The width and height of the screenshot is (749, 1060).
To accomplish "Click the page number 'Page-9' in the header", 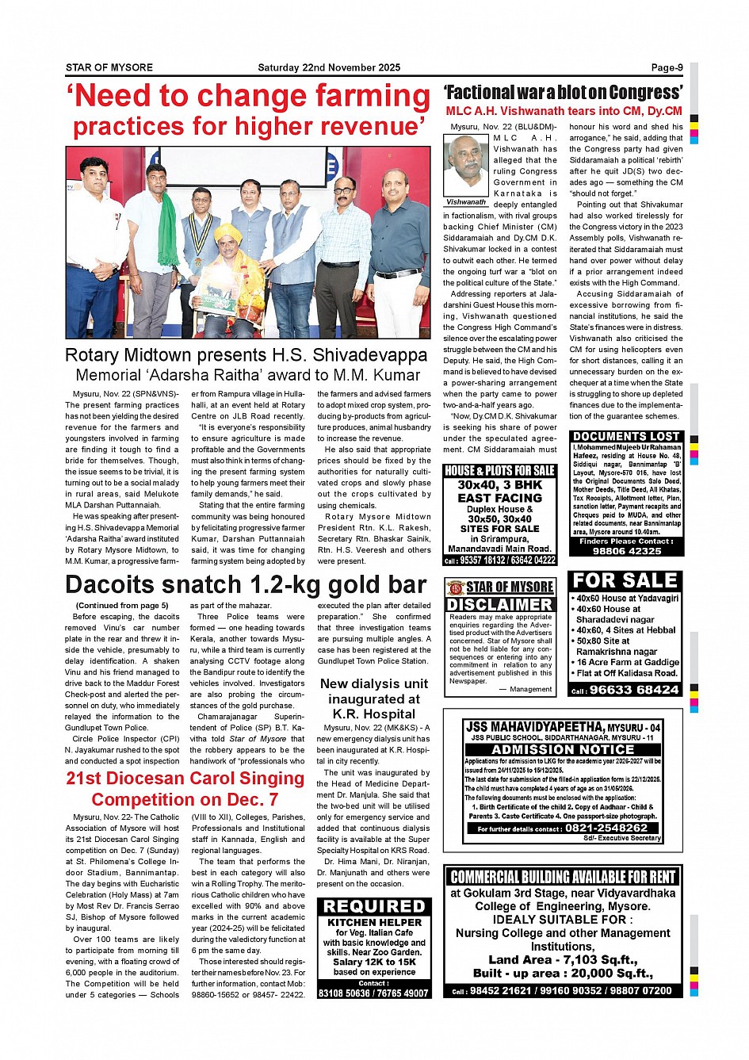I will pos(667,68).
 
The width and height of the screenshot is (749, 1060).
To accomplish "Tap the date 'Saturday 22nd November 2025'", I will pos(329,68).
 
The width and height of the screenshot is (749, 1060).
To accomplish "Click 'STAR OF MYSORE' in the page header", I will pos(109,68).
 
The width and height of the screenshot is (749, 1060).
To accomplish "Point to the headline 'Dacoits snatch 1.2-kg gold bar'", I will pos(246,585).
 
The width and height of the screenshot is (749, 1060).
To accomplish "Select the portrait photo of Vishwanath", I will pos(466,166).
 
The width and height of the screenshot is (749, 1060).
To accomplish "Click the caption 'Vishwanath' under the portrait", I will pos(466,202).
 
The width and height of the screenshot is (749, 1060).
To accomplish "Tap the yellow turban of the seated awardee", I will pos(230,231).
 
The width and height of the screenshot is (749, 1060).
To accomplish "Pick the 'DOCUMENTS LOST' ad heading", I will pos(626,437).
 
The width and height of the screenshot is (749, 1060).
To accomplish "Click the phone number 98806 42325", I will pos(627,550).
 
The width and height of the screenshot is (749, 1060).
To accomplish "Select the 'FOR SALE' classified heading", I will pos(625,581).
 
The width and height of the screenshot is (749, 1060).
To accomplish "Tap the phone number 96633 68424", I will pos(634,690).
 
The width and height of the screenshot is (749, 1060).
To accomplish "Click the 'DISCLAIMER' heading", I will pos(499,605).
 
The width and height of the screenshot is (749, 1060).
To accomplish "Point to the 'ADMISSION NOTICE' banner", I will pos(563,749).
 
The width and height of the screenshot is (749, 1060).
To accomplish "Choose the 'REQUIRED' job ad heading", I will pos(374,906).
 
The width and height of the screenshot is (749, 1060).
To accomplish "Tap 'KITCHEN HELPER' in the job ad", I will pos(374,922).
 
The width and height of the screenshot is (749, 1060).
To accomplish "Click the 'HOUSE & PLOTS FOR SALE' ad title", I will pos(499,471).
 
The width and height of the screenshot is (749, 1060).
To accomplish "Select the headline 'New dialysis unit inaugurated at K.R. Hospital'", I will pos(374,698).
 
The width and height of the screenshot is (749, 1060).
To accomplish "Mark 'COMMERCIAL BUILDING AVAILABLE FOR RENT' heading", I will pos(563,877).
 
